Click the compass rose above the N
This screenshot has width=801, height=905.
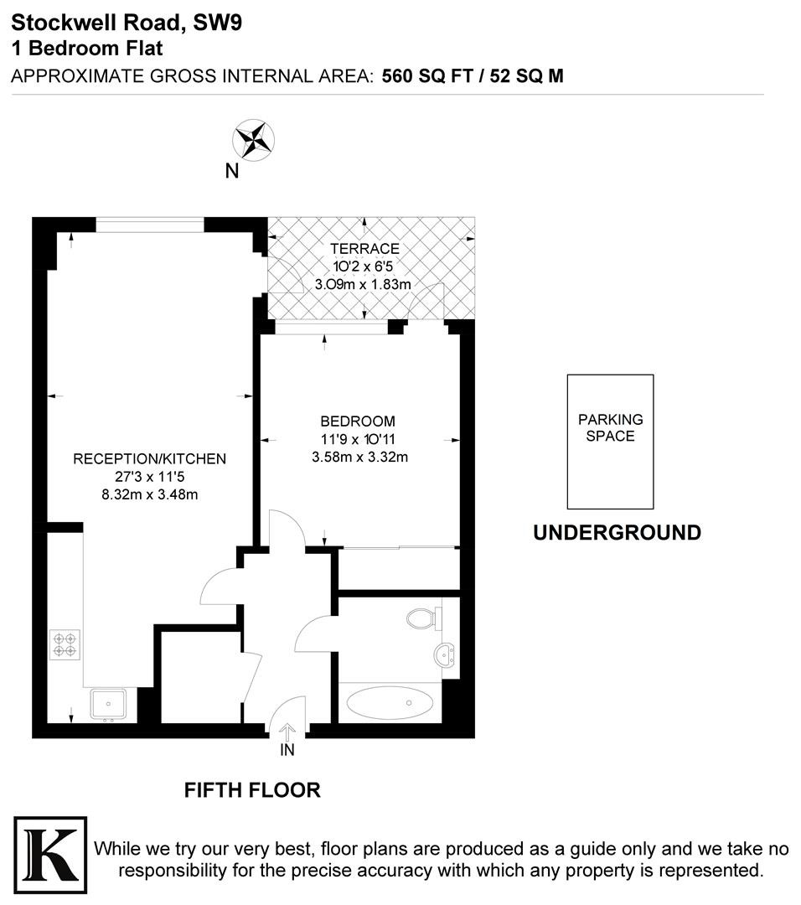point(253,140)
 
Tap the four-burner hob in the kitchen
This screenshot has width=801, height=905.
point(65,644)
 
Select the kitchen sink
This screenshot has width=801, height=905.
point(108,704)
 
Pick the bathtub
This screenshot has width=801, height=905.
point(390,703)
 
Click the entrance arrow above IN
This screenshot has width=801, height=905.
point(287,732)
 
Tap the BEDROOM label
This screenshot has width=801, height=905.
point(358,421)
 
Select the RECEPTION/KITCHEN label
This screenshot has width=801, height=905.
point(149,459)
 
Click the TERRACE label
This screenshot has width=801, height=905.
point(364,249)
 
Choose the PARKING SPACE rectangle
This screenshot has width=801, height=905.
point(611,442)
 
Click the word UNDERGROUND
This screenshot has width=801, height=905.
point(617,532)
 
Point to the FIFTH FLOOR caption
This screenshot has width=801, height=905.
point(252,790)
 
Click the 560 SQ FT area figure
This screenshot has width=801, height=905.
point(427,76)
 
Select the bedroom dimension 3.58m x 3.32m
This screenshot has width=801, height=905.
point(360,458)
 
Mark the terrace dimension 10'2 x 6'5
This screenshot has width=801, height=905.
point(363,266)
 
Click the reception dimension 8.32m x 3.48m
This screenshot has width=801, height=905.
point(150,494)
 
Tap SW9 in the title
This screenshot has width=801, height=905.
point(218,23)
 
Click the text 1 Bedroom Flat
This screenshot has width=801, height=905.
point(87,48)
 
